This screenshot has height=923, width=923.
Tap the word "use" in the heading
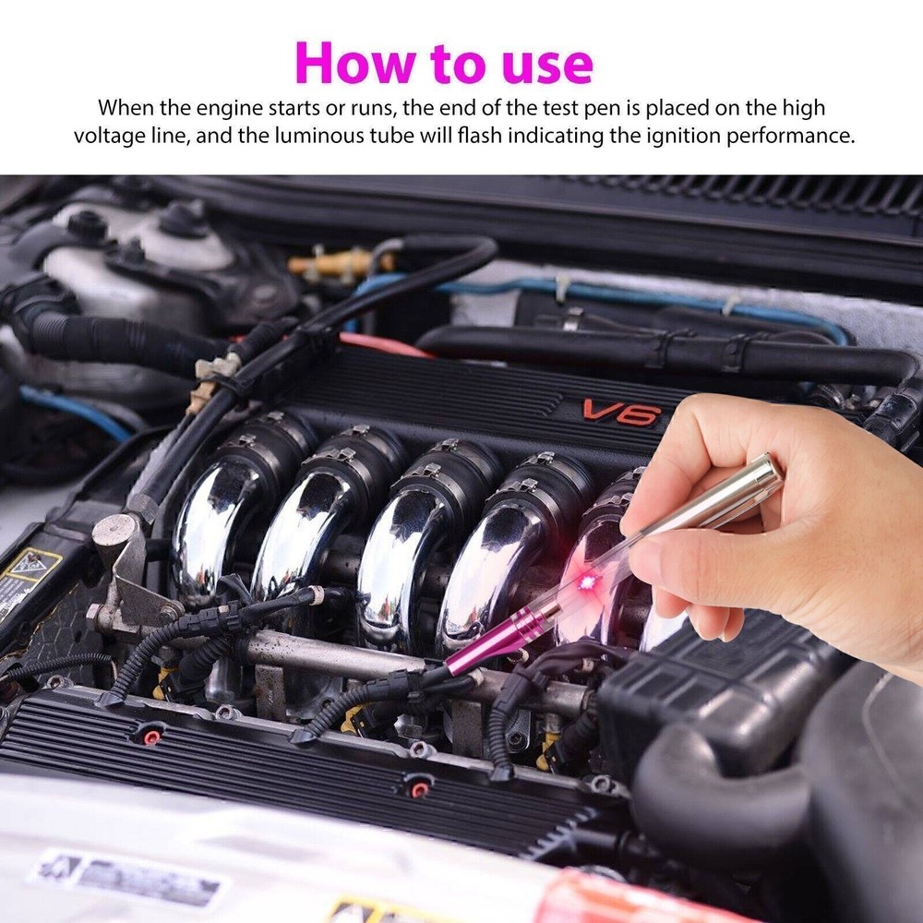pos(545,63)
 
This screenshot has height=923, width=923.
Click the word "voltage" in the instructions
pos(112,136)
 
